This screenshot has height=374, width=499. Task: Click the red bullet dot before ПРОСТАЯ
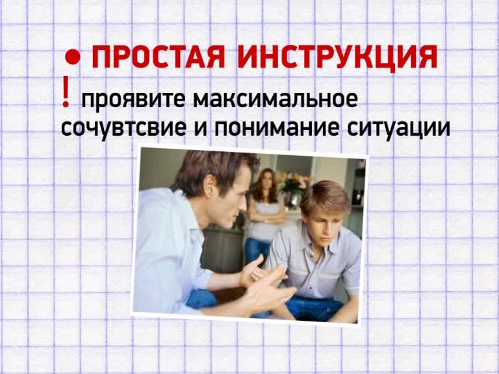tap(73, 57)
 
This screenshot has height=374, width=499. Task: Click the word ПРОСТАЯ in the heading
tap(159, 57)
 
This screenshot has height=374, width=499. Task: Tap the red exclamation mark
tap(66, 92)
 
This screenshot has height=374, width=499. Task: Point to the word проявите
tap(133, 99)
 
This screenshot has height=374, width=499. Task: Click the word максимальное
tap(275, 99)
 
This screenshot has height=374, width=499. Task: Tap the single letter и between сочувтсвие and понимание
tap(201, 129)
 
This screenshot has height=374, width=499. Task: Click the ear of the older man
tap(210, 186)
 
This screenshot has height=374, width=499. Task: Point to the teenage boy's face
tap(321, 227)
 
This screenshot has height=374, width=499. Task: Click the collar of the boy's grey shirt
tap(318, 245)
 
